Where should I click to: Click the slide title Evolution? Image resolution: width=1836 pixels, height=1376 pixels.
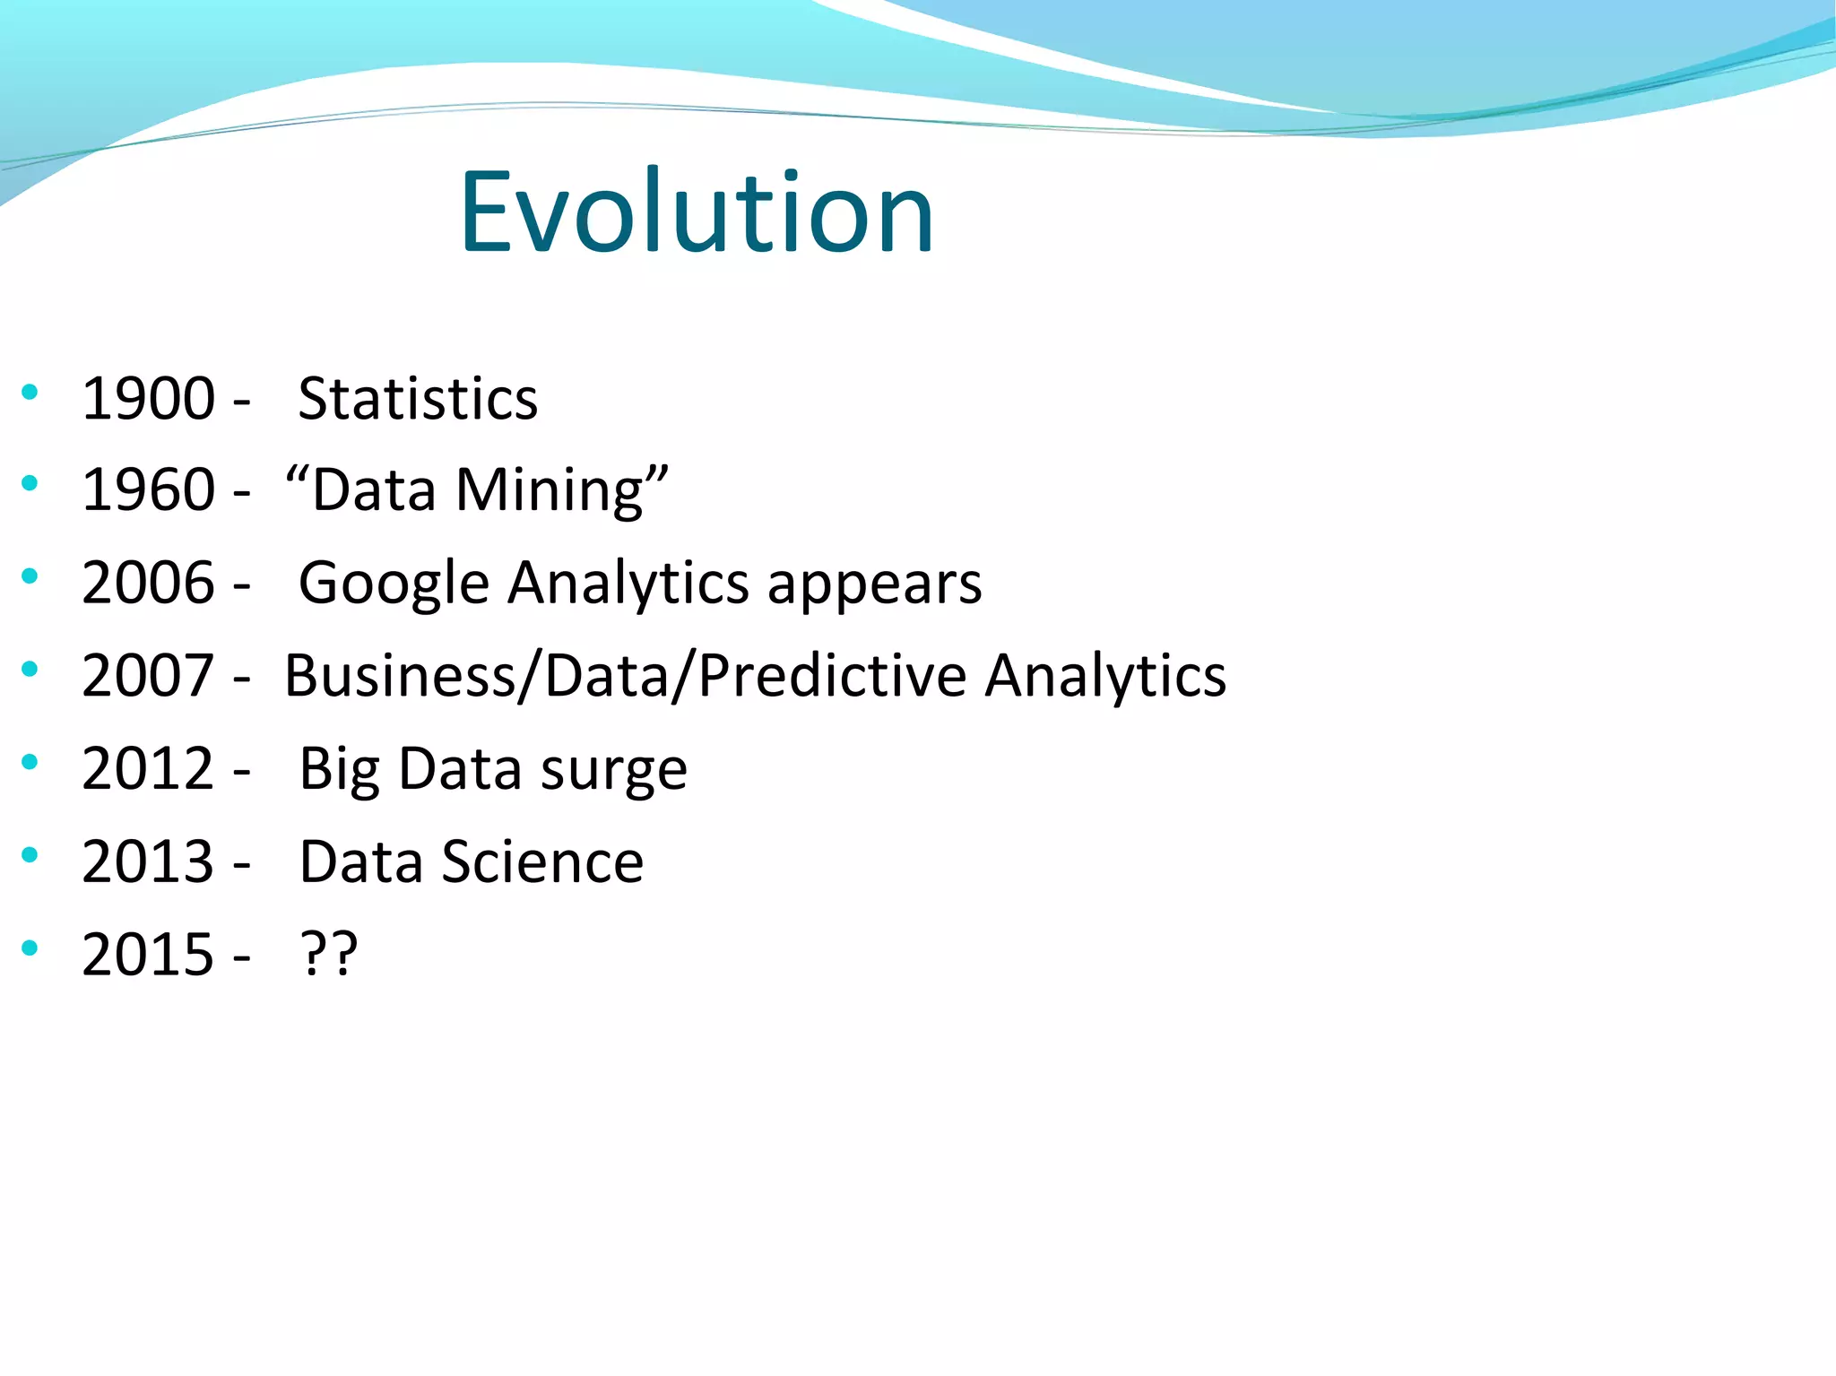point(697,212)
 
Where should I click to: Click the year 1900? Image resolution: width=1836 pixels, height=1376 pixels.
point(148,398)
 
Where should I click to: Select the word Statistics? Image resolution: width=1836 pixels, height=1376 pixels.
point(418,398)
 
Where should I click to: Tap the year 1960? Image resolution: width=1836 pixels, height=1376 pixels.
point(148,490)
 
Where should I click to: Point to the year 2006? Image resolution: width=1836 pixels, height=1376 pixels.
point(148,583)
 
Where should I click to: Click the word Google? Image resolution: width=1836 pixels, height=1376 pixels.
point(394,584)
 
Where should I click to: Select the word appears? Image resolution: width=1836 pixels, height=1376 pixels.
point(874,586)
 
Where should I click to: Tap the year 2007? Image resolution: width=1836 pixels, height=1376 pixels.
point(148,675)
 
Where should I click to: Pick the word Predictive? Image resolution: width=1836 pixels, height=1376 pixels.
point(831,675)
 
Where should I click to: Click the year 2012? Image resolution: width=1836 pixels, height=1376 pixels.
point(148,768)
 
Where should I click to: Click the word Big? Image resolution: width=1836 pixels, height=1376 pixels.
point(339,770)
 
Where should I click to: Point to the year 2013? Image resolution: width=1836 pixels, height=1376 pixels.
point(148,861)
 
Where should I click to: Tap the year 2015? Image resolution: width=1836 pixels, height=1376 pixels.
point(148,954)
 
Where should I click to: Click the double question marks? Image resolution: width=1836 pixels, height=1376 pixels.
point(328,954)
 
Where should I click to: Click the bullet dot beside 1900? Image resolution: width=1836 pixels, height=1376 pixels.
point(30,391)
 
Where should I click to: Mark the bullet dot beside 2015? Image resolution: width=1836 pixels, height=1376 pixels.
point(30,947)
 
